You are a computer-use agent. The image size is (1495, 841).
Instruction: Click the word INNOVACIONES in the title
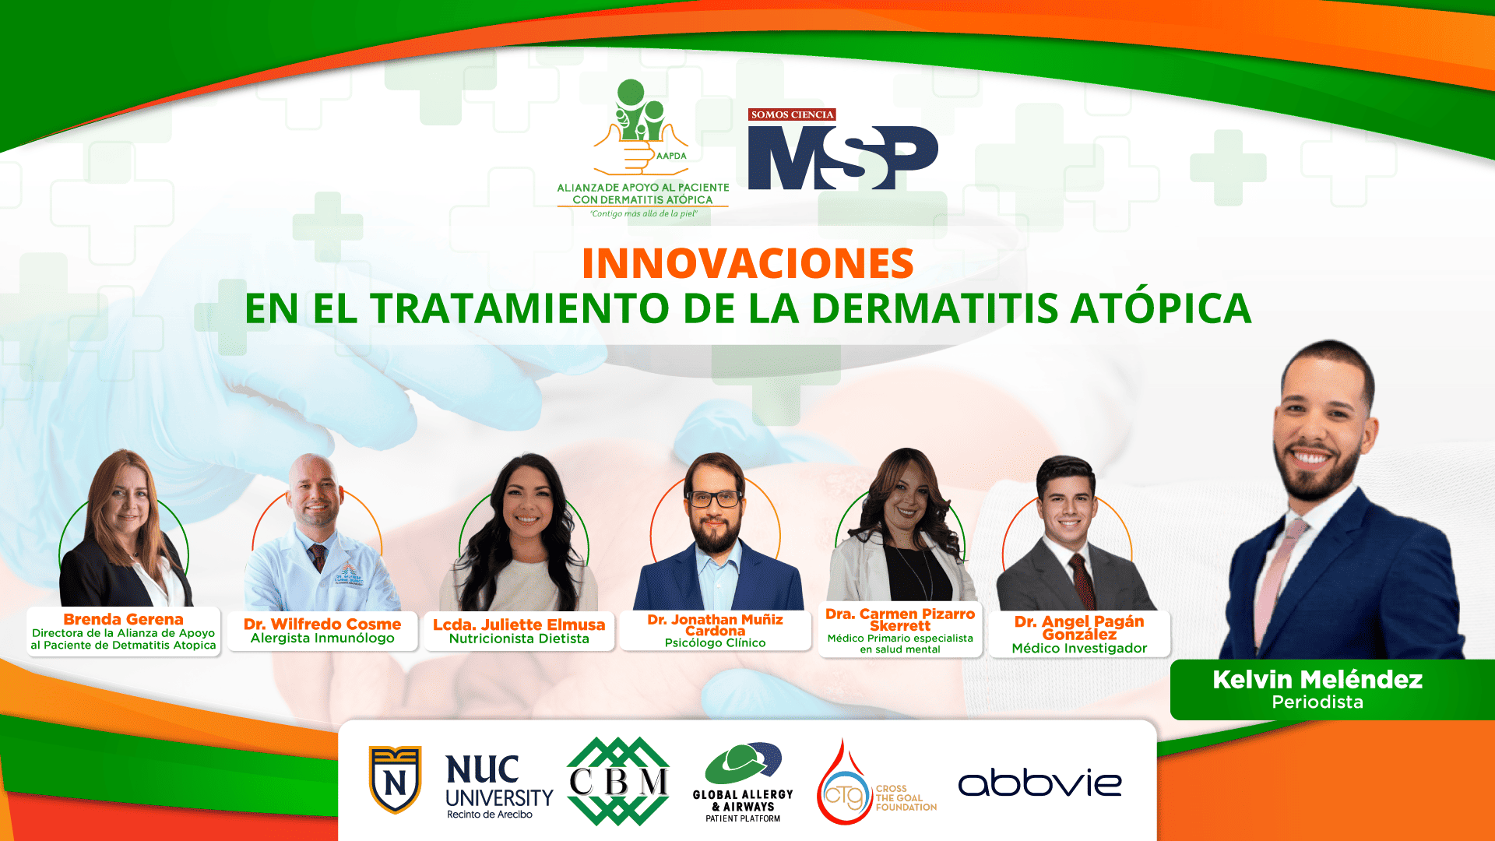[x=747, y=263]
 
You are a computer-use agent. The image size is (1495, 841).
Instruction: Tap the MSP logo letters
[x=842, y=157]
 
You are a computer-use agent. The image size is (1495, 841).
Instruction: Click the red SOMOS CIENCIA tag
[x=792, y=114]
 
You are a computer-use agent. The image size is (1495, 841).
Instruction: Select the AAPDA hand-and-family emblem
[x=641, y=128]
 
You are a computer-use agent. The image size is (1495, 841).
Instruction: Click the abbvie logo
[x=1040, y=783]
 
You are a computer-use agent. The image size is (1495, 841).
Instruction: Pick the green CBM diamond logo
[x=618, y=781]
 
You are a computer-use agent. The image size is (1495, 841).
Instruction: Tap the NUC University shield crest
[x=395, y=779]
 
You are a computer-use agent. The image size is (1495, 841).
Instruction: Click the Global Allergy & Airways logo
[x=743, y=782]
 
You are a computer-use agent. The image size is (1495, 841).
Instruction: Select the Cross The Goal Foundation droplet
[x=844, y=783]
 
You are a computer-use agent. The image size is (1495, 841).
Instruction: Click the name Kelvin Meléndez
[x=1317, y=680]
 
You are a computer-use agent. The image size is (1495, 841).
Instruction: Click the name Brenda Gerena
[x=123, y=619]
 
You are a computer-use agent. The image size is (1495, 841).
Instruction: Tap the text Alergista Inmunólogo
[x=322, y=639]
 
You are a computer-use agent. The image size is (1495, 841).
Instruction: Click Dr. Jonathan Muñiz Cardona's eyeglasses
[x=713, y=498]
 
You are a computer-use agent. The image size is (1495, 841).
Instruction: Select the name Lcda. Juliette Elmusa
[x=519, y=625]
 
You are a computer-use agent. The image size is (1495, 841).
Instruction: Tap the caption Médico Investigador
[x=1079, y=648]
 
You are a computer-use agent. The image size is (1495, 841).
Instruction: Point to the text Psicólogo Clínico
[x=715, y=643]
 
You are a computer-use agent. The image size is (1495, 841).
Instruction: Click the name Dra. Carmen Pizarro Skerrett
[x=900, y=620]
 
